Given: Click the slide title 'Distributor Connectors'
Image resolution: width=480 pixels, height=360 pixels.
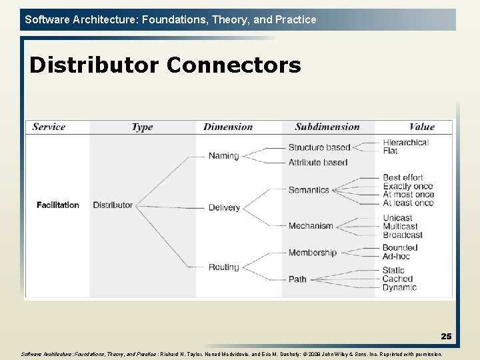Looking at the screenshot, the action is click(165, 65).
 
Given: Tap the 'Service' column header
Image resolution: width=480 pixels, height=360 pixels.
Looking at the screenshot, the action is click(49, 127).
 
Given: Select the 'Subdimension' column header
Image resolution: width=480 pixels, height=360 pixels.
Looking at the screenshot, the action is click(327, 127).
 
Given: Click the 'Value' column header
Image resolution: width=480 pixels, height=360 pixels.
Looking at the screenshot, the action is click(421, 127).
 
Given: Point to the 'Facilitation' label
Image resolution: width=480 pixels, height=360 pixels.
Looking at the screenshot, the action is click(57, 205).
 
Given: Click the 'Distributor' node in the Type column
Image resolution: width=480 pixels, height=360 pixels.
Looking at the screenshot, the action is click(113, 205).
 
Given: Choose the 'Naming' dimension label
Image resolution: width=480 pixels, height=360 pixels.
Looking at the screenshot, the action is click(223, 156).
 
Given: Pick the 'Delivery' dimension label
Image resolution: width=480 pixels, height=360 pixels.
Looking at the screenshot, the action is click(224, 207).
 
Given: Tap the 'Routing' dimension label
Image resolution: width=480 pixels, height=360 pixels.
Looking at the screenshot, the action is click(223, 267).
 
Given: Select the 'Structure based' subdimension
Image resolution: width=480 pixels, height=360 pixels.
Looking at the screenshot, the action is click(319, 147).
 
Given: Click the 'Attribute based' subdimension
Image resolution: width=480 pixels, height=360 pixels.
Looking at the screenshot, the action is click(318, 162).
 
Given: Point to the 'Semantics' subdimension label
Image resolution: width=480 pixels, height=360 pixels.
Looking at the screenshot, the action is click(309, 190).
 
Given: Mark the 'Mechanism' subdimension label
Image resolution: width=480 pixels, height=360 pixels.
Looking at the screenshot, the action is click(311, 226).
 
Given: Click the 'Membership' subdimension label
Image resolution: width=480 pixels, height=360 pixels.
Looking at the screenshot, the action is click(313, 253).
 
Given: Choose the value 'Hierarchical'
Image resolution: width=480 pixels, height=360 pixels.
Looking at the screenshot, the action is click(405, 142).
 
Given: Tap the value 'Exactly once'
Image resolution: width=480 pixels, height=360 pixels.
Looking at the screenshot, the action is click(408, 187).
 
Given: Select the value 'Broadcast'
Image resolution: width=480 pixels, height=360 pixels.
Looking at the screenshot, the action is click(403, 235).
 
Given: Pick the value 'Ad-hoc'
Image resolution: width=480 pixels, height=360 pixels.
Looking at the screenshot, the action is click(397, 256).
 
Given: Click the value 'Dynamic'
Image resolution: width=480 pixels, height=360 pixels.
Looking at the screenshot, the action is click(399, 287).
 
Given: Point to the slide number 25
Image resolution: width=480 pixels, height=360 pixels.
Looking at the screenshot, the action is click(446, 337).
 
